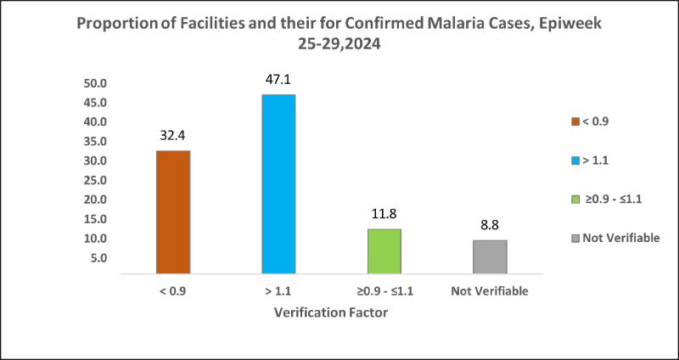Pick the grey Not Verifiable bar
coord(491,257)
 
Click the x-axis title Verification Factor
coord(332,312)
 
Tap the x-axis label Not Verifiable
coord(491,292)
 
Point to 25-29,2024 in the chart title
coord(338,42)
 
